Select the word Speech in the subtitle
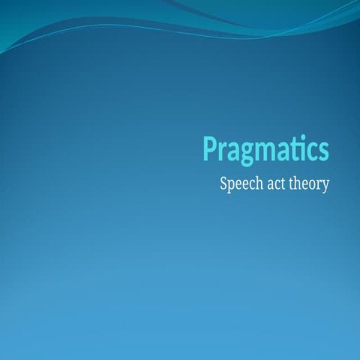[x=239, y=184]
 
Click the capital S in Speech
[x=224, y=182]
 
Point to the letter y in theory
[x=325, y=186]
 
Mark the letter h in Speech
[x=255, y=182]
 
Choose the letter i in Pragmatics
[x=304, y=148]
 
